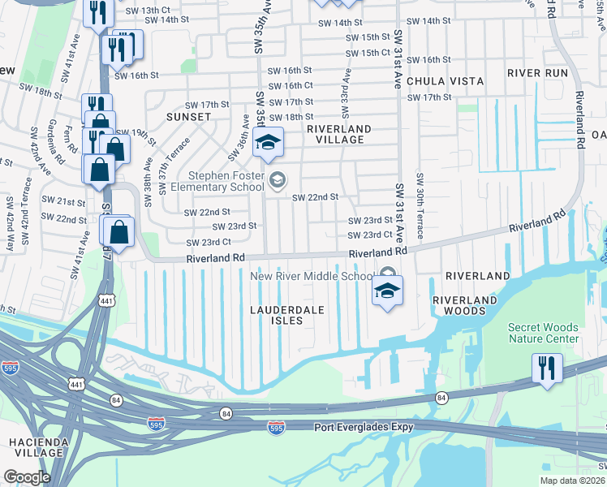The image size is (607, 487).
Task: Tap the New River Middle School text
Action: click(312, 276)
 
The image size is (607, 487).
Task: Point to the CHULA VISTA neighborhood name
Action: click(445, 81)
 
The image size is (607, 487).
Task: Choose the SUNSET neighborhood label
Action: click(189, 117)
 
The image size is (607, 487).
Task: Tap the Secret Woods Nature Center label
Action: click(544, 333)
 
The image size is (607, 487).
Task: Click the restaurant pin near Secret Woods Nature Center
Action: click(548, 368)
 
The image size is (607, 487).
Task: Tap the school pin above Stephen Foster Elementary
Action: click(268, 144)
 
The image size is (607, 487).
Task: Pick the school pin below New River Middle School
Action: click(388, 291)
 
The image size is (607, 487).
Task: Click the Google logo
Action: click(27, 477)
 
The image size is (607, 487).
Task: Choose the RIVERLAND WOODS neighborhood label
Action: click(464, 305)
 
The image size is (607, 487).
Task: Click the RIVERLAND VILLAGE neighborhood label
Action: click(338, 134)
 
